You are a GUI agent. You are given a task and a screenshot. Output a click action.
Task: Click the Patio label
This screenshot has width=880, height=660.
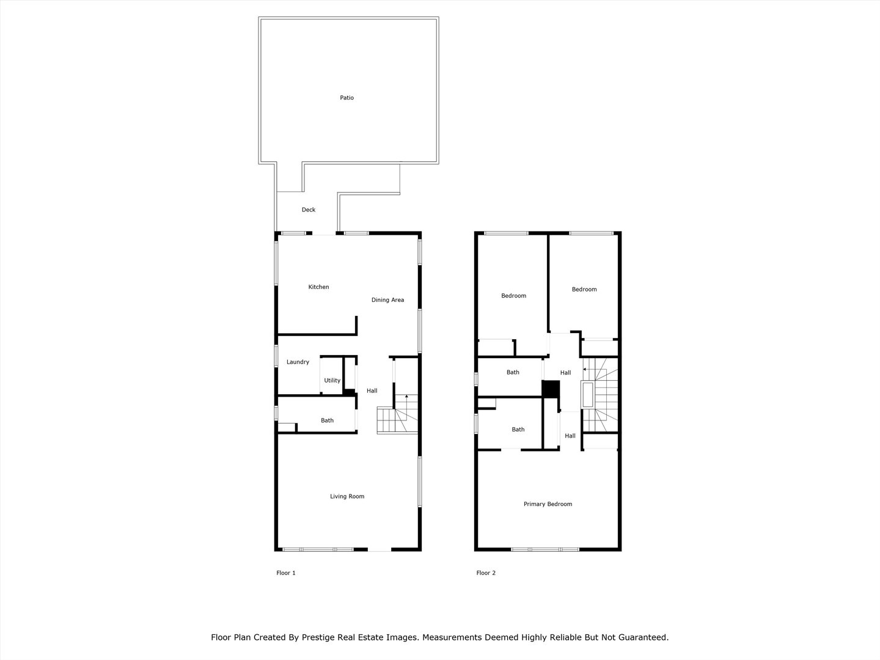[346, 98]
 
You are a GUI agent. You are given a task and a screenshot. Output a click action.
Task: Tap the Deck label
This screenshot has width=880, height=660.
[309, 210]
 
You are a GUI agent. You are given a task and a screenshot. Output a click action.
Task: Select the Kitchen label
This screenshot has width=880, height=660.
[318, 287]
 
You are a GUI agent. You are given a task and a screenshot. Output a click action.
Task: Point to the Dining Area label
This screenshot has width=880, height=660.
[387, 300]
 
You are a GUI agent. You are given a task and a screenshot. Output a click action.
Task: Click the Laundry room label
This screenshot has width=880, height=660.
[298, 362]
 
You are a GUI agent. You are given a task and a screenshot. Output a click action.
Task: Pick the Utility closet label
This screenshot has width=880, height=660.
[332, 380]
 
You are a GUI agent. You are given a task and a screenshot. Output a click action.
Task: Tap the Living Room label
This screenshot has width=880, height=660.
[347, 496]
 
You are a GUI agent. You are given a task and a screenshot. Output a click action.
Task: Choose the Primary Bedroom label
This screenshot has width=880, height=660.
[548, 504]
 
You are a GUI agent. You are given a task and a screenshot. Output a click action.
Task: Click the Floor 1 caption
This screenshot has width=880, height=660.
[286, 573]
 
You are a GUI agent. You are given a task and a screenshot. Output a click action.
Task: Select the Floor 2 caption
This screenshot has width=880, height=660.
[486, 573]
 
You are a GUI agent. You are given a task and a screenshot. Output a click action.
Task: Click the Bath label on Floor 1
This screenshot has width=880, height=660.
[327, 420]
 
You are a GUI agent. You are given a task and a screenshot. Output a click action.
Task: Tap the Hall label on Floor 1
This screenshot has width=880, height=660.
[372, 391]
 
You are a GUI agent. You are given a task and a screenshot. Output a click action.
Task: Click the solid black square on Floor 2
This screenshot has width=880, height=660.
[551, 389]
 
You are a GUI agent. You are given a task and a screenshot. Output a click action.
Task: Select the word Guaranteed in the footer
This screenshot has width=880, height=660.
[642, 637]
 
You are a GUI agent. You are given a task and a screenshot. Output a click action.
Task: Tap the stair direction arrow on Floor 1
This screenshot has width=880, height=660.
[406, 397]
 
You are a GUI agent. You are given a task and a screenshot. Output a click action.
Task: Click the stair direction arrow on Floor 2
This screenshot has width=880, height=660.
[585, 369]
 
